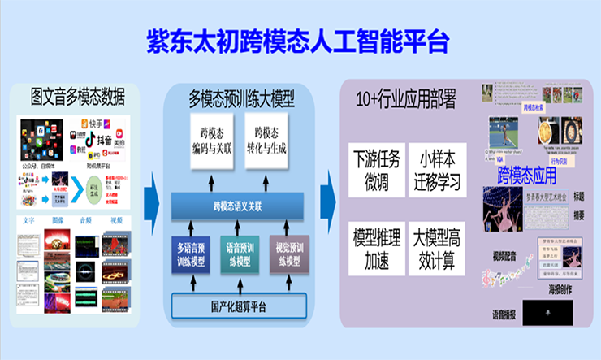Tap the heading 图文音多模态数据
(x=77, y=99)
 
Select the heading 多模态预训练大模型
(x=242, y=99)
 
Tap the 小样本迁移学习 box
(x=435, y=167)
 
